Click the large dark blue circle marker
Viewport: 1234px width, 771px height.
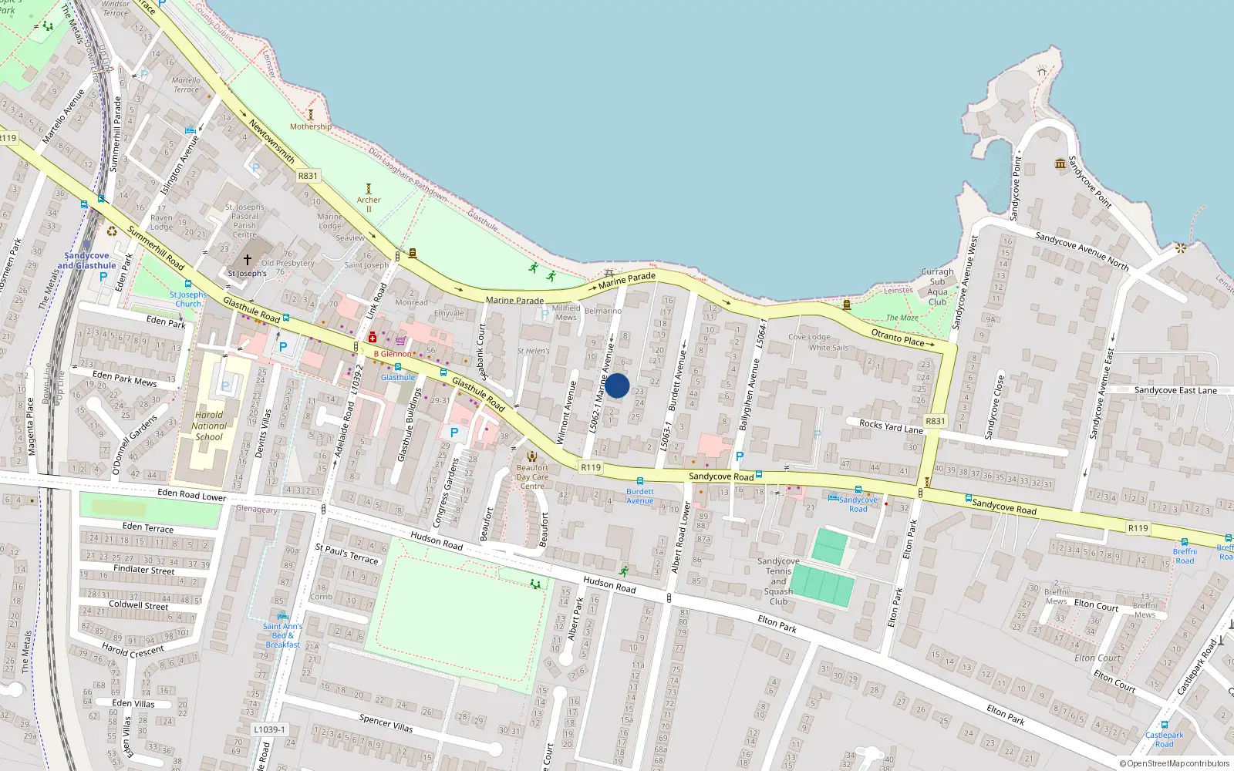point(617,385)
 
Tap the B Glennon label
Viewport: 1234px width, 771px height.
point(393,354)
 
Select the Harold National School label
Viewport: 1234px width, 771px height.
point(209,426)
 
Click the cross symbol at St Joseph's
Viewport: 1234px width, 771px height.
point(248,261)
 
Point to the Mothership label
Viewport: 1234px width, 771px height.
point(311,126)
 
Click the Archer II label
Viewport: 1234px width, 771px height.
point(369,204)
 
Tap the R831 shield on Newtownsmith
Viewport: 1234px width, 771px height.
point(308,176)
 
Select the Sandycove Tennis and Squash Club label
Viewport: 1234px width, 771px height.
point(778,581)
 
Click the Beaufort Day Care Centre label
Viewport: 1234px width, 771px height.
point(532,476)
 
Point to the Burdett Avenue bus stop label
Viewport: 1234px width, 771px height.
point(639,496)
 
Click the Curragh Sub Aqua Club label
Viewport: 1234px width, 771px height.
point(937,287)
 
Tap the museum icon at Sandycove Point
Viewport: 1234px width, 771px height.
point(1061,163)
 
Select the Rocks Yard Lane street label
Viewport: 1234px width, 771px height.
point(891,426)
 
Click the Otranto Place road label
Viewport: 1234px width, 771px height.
point(897,337)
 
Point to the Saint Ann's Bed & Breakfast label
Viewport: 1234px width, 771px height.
point(282,635)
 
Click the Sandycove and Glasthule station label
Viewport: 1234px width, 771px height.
point(86,261)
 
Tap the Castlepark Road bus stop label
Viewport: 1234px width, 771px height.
point(1164,739)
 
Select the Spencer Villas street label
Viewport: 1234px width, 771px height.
point(386,722)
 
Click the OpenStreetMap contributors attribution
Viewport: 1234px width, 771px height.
point(1174,764)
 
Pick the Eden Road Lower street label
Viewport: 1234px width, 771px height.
point(192,495)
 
